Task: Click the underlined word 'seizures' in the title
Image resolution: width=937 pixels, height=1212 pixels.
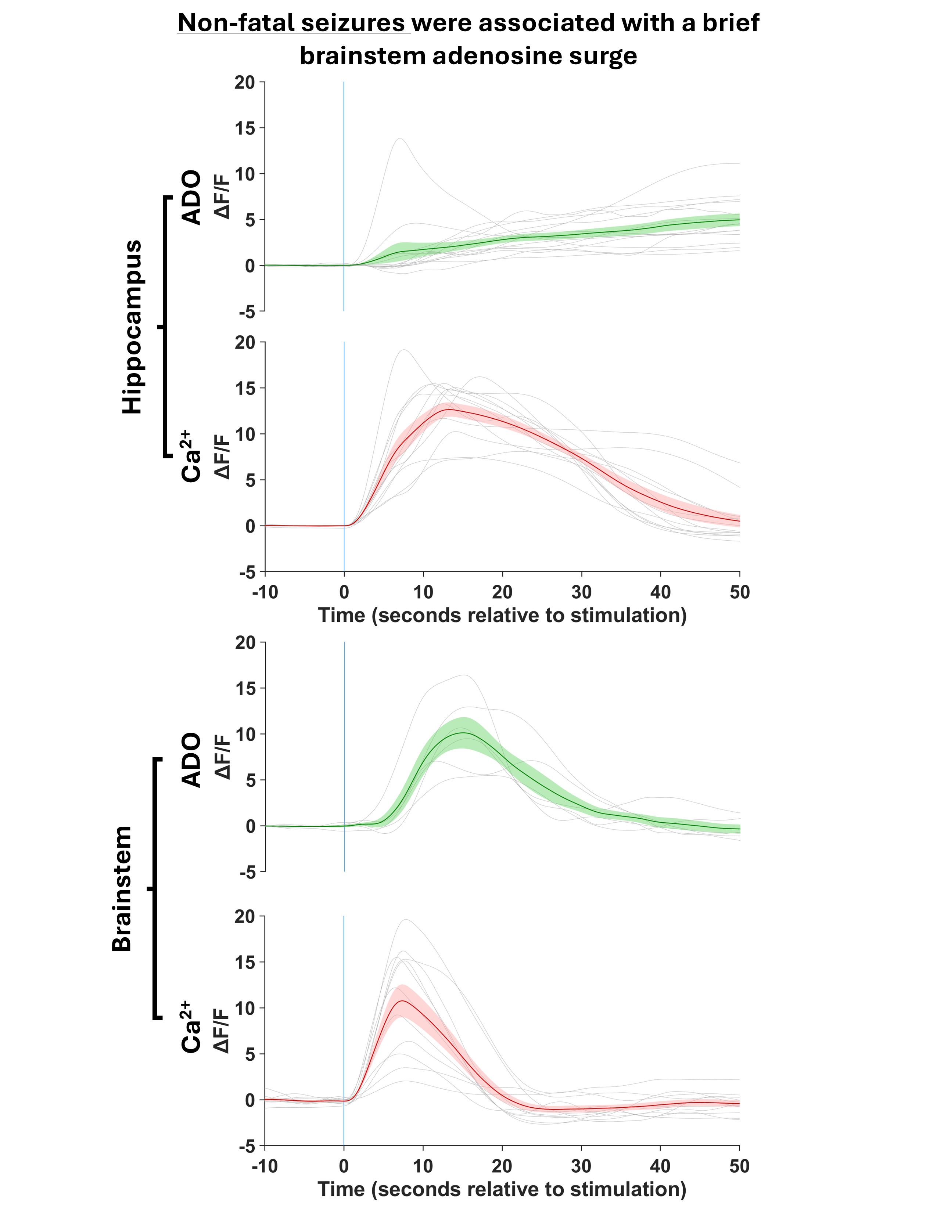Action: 352,23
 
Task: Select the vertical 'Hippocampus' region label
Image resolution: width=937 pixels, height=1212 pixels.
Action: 133,327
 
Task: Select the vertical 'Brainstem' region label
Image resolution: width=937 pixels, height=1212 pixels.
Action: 122,888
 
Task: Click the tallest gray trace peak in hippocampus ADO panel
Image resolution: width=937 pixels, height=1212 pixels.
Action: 400,139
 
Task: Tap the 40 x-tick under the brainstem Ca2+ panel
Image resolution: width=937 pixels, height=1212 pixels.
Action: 661,1166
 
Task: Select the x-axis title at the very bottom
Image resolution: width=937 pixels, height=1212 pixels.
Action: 502,1189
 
